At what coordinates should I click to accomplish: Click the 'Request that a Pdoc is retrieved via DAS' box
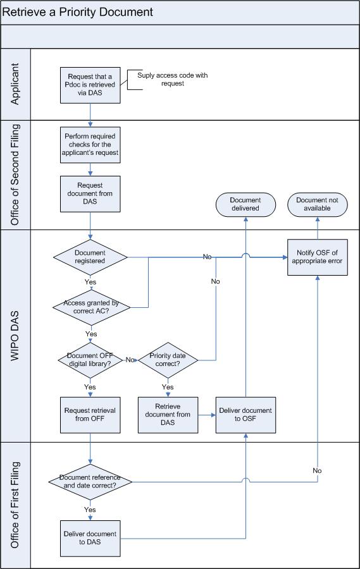click(x=90, y=85)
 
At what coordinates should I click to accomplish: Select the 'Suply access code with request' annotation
click(x=172, y=80)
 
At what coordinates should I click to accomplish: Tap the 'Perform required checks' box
click(x=90, y=144)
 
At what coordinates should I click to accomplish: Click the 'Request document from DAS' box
click(x=90, y=194)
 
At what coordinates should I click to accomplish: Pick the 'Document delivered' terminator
click(x=245, y=204)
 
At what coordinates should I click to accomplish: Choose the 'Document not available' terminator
click(x=318, y=204)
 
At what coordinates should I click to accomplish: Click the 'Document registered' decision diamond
click(x=90, y=257)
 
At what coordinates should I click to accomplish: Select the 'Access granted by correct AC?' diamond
click(x=91, y=307)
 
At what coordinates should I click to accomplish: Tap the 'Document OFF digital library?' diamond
click(x=90, y=360)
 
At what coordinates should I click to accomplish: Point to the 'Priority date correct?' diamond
click(x=168, y=360)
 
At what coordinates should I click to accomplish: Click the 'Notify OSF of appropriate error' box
click(x=318, y=257)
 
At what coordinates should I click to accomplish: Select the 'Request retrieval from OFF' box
click(x=90, y=415)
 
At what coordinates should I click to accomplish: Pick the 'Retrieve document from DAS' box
click(x=168, y=415)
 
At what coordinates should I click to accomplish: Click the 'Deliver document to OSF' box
click(x=245, y=415)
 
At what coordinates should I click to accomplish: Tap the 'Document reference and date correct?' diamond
click(x=90, y=482)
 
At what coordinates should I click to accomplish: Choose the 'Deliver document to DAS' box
click(x=90, y=539)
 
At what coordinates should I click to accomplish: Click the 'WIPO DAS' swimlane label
click(x=15, y=336)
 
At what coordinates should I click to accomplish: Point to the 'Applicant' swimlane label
click(x=15, y=84)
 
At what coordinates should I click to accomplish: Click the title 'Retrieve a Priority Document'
click(x=78, y=12)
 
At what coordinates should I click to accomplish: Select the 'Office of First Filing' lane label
click(x=15, y=505)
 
